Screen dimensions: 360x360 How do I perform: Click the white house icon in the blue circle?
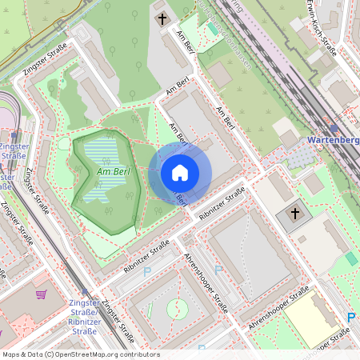pyautogui.click(x=180, y=172)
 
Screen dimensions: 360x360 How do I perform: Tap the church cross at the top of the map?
pyautogui.click(x=162, y=18)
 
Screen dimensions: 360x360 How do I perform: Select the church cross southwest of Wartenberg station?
pyautogui.click(x=294, y=214)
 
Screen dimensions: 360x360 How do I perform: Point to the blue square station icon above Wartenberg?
pyautogui.click(x=333, y=126)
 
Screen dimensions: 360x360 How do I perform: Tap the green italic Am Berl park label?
pyautogui.click(x=113, y=171)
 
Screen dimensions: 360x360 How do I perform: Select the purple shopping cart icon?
pyautogui.click(x=41, y=294)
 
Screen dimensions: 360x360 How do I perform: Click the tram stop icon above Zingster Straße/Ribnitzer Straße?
pyautogui.click(x=85, y=293)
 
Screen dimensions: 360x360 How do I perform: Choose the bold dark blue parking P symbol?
pyautogui.click(x=351, y=318)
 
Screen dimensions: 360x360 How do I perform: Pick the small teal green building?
pyautogui.click(x=351, y=259)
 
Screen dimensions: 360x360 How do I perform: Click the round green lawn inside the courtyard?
pyautogui.click(x=178, y=309)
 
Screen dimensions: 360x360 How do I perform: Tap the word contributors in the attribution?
pyautogui.click(x=137, y=354)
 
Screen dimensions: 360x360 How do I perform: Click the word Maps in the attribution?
pyautogui.click(x=12, y=354)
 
